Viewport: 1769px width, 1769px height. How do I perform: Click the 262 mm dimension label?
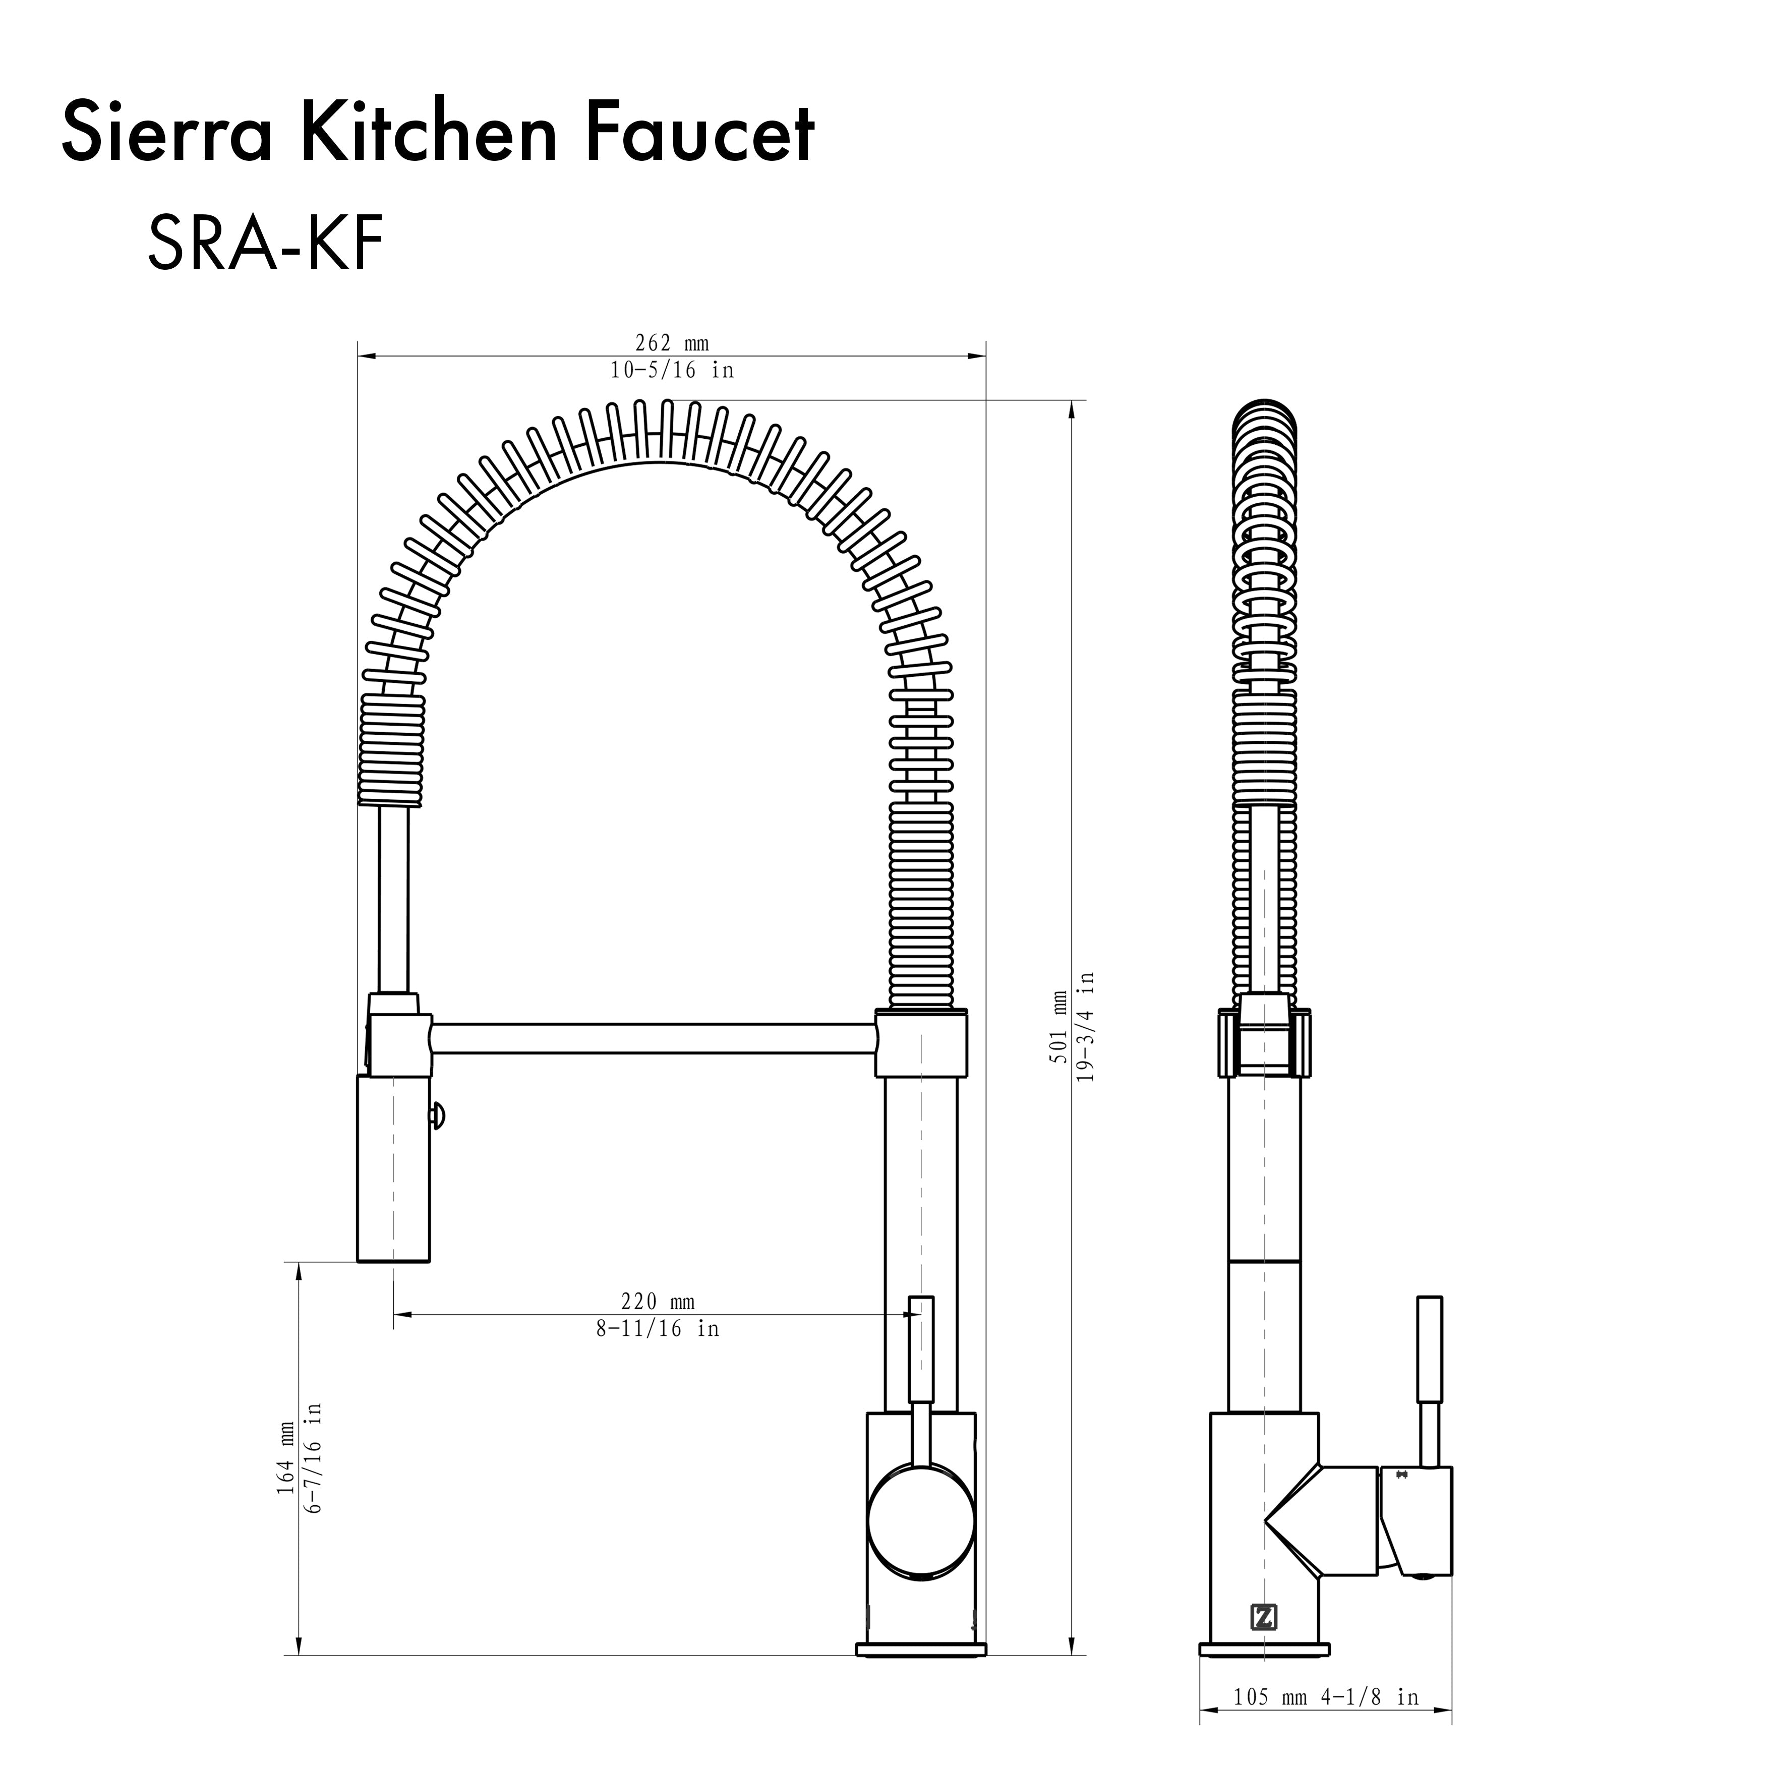[x=672, y=343]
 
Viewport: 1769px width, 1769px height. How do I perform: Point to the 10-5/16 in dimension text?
[x=672, y=370]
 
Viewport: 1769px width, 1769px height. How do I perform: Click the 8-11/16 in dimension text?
[x=658, y=1329]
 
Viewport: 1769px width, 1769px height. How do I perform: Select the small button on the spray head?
[x=436, y=1116]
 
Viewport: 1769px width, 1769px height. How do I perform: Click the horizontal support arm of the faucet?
[x=652, y=1039]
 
